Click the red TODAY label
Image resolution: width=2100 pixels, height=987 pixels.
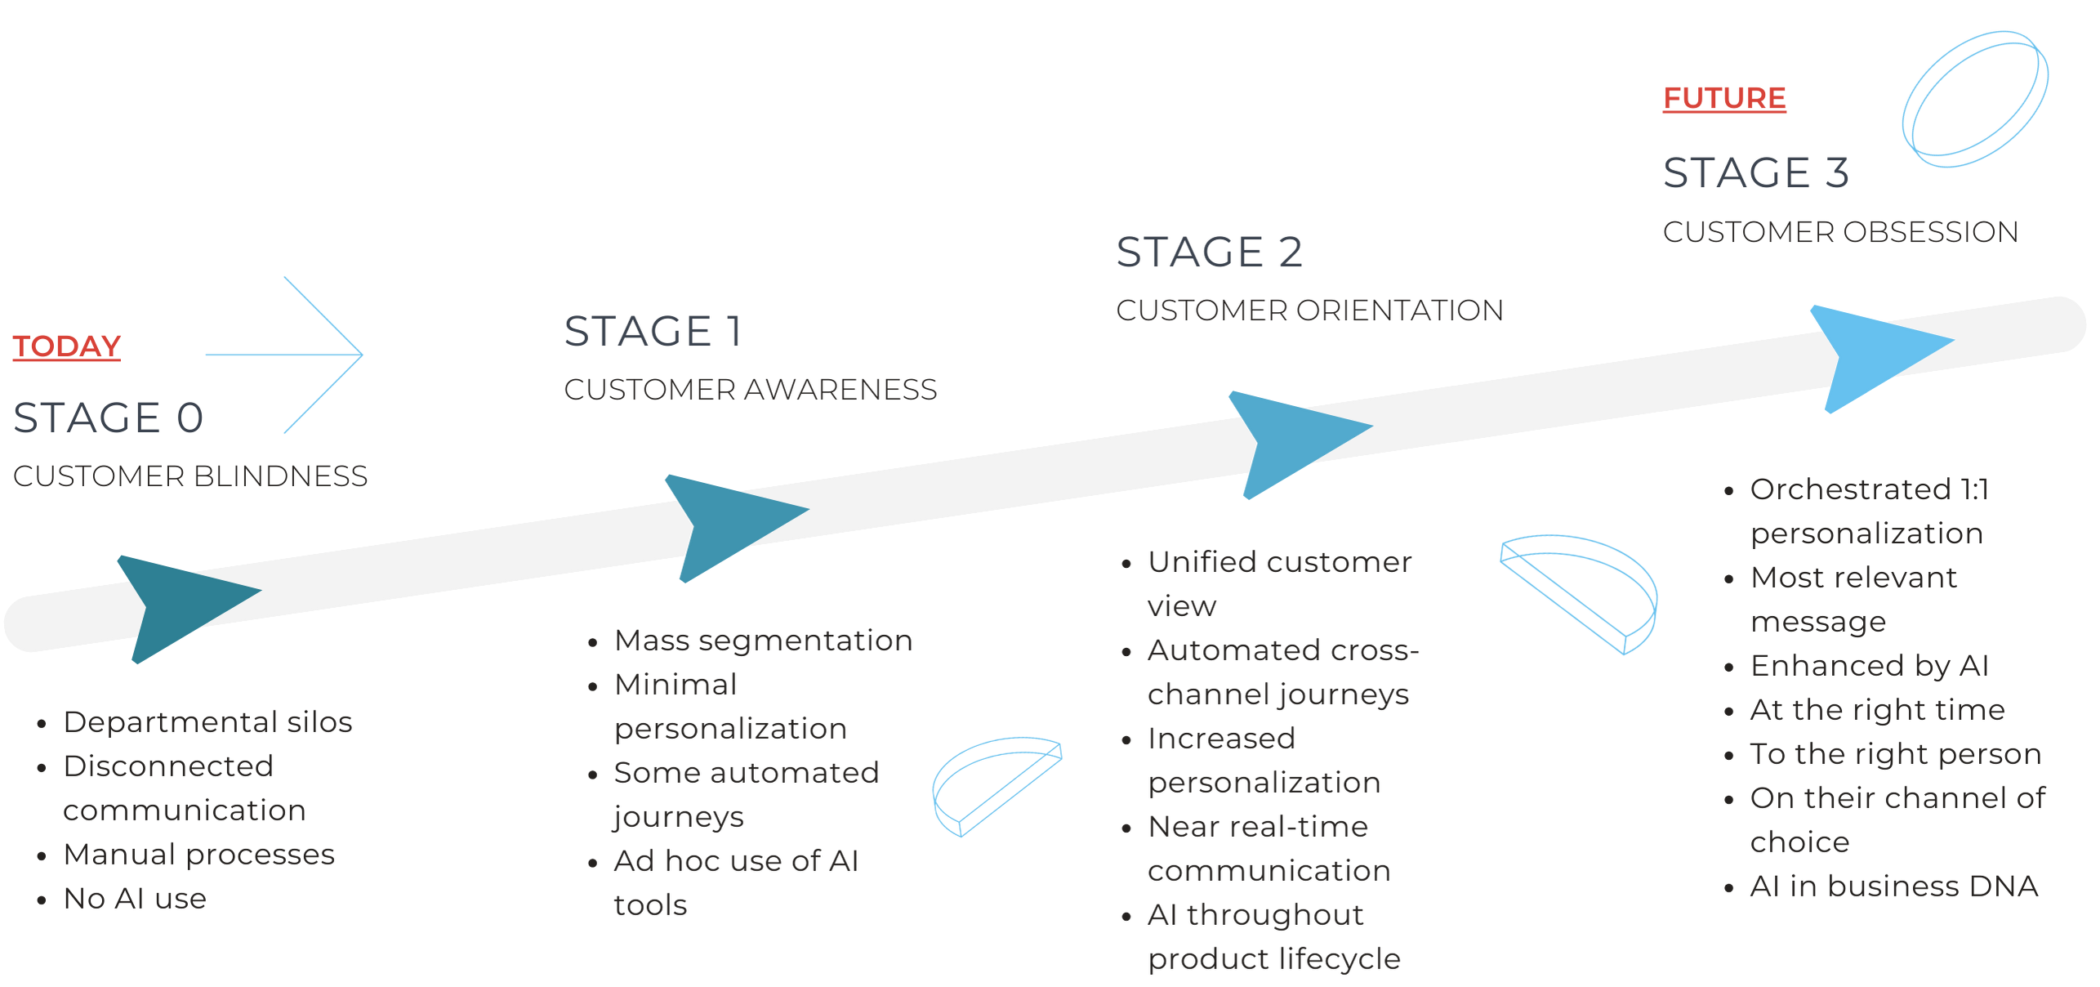(67, 346)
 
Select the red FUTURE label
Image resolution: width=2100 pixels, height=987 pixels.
(1724, 99)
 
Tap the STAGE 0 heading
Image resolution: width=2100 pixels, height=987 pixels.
(109, 418)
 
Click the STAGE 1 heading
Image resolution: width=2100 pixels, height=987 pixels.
(653, 332)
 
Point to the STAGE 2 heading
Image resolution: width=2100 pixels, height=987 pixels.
(1209, 252)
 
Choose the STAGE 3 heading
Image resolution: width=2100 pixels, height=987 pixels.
(1756, 173)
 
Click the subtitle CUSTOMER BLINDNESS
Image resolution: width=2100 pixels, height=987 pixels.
(190, 476)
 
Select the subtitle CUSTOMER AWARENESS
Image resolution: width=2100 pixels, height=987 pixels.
(750, 390)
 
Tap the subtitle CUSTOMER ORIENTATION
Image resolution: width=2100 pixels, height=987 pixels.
(1309, 310)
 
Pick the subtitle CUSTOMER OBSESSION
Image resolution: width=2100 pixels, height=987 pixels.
(1840, 232)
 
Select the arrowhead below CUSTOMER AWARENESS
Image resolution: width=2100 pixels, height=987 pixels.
(727, 523)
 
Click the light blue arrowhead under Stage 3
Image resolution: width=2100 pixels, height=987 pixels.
(1870, 355)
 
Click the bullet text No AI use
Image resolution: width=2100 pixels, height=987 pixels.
(135, 899)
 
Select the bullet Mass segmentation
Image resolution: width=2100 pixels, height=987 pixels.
(763, 641)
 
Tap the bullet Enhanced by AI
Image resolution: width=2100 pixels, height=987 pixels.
(1869, 666)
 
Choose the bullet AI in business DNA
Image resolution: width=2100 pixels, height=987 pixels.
(1893, 886)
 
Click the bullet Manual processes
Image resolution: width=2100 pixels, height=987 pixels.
(199, 855)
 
